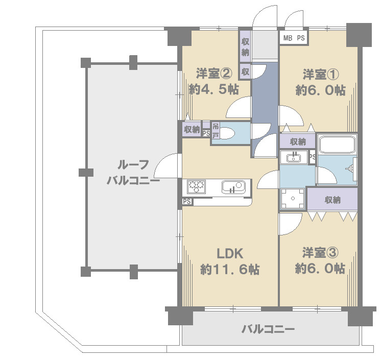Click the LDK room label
pos(230,254)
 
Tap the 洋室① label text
pos(321,75)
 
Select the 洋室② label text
pos(214,73)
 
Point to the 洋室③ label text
pos(320,253)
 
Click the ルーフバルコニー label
pos(133,173)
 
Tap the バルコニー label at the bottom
pos(268,329)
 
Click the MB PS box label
pos(294,38)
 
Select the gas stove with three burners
pos(196,186)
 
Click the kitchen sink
pos(233,187)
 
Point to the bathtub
pos(337,144)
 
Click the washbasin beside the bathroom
pos(294,157)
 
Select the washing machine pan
pos(293,199)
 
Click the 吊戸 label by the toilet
pos(216,130)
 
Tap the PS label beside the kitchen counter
pos(187,201)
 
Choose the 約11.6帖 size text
pos(230,270)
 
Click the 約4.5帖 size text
pos(214,89)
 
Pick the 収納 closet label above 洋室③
pos(332,200)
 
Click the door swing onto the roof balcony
pos(166,165)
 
